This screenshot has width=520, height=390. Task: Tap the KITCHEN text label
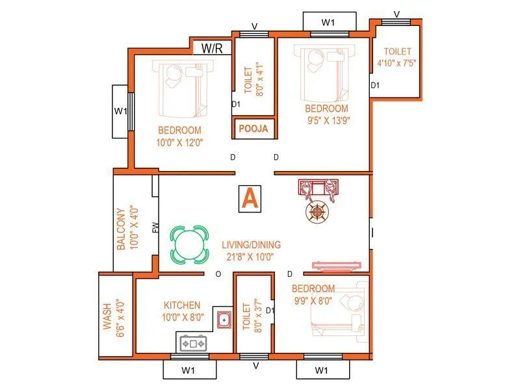[x=182, y=305]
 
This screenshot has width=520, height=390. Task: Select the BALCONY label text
[x=121, y=229]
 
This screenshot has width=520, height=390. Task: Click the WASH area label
[x=107, y=315]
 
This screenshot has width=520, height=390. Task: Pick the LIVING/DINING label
[x=251, y=245]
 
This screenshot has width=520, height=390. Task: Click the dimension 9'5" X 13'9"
[x=328, y=120]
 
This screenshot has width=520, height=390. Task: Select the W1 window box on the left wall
[x=120, y=111]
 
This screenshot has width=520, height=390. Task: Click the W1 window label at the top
[x=329, y=22]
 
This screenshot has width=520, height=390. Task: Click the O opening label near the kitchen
[x=218, y=274]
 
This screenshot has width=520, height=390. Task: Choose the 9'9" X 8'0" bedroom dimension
[x=313, y=300]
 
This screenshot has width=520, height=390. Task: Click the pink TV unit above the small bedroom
[x=336, y=265]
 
